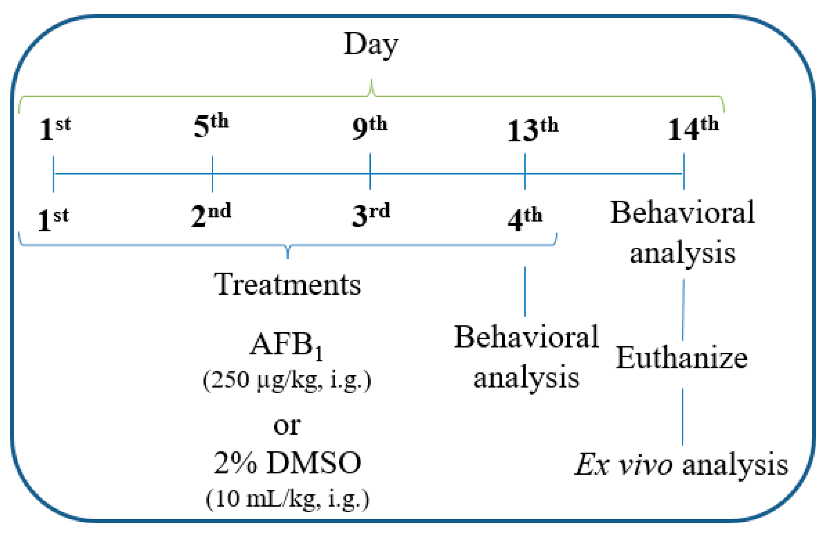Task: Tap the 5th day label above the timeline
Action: (x=211, y=126)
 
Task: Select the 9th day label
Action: (x=369, y=128)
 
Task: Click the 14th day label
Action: (x=693, y=129)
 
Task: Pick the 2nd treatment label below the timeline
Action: (x=211, y=215)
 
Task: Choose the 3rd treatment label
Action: (x=370, y=215)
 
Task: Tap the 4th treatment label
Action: (x=524, y=219)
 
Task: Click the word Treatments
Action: (x=287, y=285)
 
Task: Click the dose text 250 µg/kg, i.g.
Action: (x=287, y=380)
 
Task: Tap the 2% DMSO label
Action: (x=287, y=463)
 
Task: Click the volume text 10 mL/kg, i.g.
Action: (x=287, y=498)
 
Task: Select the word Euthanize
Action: (x=682, y=358)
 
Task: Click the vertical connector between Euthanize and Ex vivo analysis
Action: (x=682, y=416)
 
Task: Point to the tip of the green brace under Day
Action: (x=372, y=81)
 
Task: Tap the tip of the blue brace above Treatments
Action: (x=288, y=257)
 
